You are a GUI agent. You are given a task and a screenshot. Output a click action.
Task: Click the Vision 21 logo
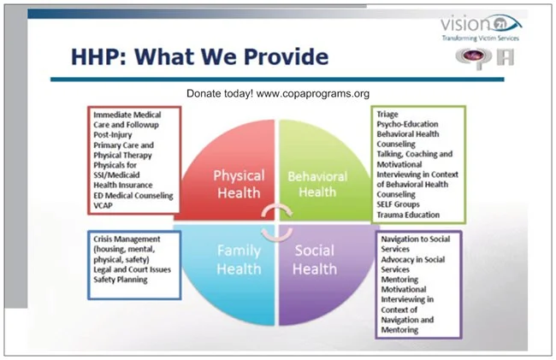[482, 28]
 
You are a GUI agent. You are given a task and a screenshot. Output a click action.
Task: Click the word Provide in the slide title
[287, 56]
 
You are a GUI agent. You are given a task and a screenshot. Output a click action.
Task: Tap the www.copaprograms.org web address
[313, 93]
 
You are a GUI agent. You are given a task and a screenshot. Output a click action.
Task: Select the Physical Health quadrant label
[239, 184]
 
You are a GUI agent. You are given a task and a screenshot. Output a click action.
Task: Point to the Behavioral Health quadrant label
[317, 184]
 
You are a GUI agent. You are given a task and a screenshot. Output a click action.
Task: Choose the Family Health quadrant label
[239, 260]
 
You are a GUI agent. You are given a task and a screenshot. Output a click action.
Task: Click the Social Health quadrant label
[315, 260]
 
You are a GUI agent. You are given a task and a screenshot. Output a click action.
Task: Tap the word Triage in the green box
[387, 115]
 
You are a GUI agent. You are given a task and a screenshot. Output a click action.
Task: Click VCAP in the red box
[103, 205]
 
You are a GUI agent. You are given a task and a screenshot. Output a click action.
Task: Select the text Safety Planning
[121, 280]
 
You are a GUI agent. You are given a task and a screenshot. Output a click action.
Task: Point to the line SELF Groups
[398, 204]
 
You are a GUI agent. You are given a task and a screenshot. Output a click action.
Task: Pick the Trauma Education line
[408, 215]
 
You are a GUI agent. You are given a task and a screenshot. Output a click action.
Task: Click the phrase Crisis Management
[127, 239]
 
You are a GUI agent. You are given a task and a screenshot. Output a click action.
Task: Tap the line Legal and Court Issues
[133, 269]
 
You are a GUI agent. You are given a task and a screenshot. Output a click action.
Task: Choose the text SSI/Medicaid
[116, 175]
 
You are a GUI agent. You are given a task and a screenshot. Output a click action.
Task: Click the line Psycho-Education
[407, 124]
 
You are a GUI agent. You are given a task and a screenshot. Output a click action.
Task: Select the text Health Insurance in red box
[123, 185]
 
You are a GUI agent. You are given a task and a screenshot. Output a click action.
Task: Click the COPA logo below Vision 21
[485, 58]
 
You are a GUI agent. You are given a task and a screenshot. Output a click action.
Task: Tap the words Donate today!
[220, 93]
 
